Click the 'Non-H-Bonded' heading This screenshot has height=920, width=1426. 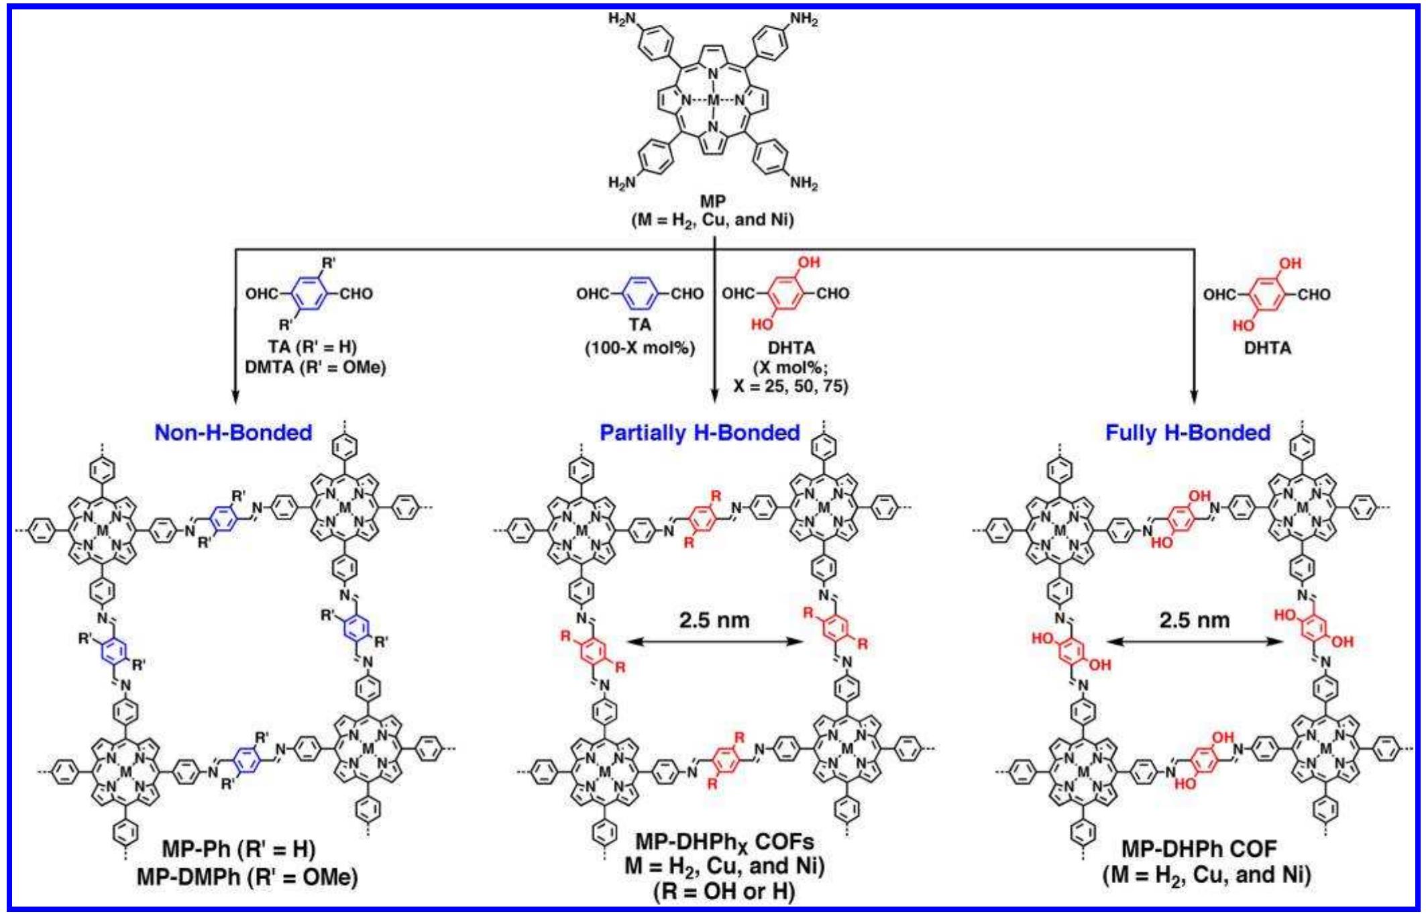coord(233,433)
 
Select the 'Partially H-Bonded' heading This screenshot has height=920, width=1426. coord(699,433)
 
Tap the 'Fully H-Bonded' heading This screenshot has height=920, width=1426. coord(1187,433)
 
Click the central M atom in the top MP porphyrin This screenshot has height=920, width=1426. coord(713,101)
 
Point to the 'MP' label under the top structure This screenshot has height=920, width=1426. coord(712,200)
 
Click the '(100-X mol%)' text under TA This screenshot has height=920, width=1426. coord(640,348)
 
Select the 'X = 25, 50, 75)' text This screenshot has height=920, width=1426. coord(791,387)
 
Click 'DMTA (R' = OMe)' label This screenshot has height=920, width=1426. coord(315,368)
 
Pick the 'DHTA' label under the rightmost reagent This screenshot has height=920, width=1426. coord(1267,348)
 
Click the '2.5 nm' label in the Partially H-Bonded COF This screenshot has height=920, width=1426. coord(714,620)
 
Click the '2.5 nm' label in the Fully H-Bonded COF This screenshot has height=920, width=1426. coord(1194,620)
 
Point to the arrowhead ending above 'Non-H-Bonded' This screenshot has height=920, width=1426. coord(235,397)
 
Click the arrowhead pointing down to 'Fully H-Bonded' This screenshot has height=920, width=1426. coord(1194,397)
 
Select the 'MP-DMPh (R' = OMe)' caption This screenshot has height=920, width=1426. coord(247,876)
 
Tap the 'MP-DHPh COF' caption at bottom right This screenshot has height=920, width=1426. coord(1199,849)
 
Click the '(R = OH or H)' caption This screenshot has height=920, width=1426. coord(724,891)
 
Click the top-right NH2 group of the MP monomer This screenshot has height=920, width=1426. coord(804,19)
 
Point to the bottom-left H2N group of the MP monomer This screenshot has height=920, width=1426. coord(622,183)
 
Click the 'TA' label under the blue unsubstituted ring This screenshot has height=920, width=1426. coord(640,325)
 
